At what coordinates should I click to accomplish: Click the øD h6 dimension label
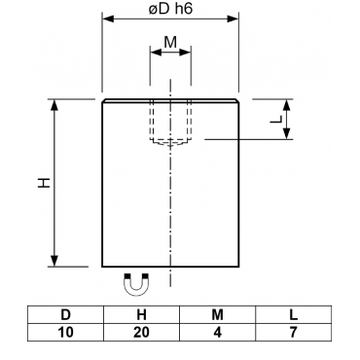[x=170, y=9]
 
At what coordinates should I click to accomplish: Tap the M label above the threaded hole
[x=170, y=42]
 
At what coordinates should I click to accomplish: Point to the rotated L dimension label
[x=276, y=120]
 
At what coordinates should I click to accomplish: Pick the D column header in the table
[x=66, y=314]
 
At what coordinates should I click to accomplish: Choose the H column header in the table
[x=141, y=314]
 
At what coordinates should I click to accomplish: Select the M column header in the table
[x=217, y=314]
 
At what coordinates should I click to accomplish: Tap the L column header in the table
[x=294, y=314]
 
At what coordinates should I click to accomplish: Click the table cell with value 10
[x=66, y=332]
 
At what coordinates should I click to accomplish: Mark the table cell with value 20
[x=141, y=332]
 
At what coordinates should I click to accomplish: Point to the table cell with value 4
[x=217, y=332]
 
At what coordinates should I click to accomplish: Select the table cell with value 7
[x=294, y=332]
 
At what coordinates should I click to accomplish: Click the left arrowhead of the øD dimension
[x=108, y=18]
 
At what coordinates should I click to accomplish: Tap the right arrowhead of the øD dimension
[x=233, y=18]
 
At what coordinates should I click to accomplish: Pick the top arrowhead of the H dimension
[x=54, y=105]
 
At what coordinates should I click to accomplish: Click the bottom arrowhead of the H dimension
[x=54, y=261]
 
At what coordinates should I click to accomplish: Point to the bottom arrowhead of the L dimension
[x=286, y=133]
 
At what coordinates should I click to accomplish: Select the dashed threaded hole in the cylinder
[x=170, y=124]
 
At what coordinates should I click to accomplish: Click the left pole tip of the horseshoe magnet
[x=126, y=276]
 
